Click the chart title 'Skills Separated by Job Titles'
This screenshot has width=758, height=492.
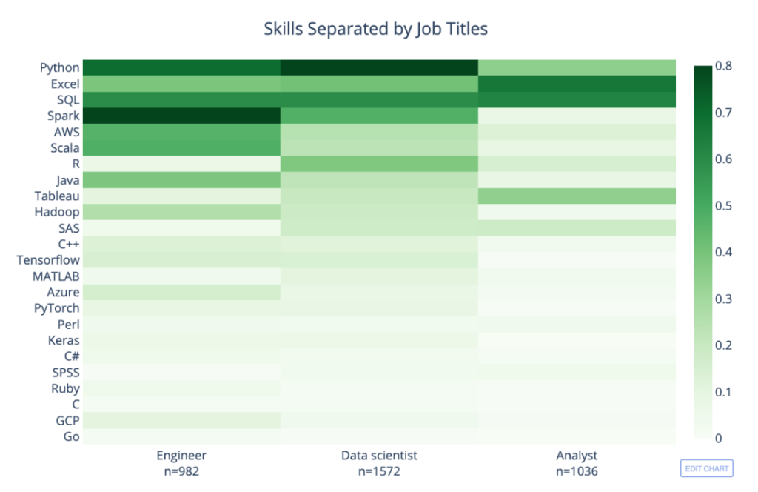[x=375, y=29]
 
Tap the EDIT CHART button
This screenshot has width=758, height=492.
[x=706, y=468]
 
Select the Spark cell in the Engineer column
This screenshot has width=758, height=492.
[x=182, y=116]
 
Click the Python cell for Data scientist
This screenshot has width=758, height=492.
[x=379, y=67]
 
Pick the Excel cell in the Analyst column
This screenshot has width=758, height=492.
[x=577, y=84]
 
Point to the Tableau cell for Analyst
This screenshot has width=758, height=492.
[x=577, y=196]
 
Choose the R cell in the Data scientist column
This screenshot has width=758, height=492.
[x=379, y=164]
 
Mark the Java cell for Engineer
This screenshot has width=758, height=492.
[x=182, y=180]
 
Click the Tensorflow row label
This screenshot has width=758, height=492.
[x=48, y=260]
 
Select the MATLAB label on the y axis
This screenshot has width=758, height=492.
[x=56, y=276]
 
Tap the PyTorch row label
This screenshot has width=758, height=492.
[x=56, y=308]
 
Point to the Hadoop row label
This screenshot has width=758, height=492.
[x=56, y=213]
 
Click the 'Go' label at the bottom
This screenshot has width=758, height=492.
[x=72, y=436]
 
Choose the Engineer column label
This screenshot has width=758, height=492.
[x=181, y=456]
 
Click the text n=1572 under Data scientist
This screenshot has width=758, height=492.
[x=379, y=471]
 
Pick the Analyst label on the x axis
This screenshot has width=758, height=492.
[x=577, y=456]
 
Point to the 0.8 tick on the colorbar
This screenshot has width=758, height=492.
[x=723, y=66]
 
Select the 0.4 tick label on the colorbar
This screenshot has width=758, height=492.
[x=723, y=252]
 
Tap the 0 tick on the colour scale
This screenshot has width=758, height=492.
[x=718, y=439]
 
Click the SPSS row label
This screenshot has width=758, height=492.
[x=66, y=373]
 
